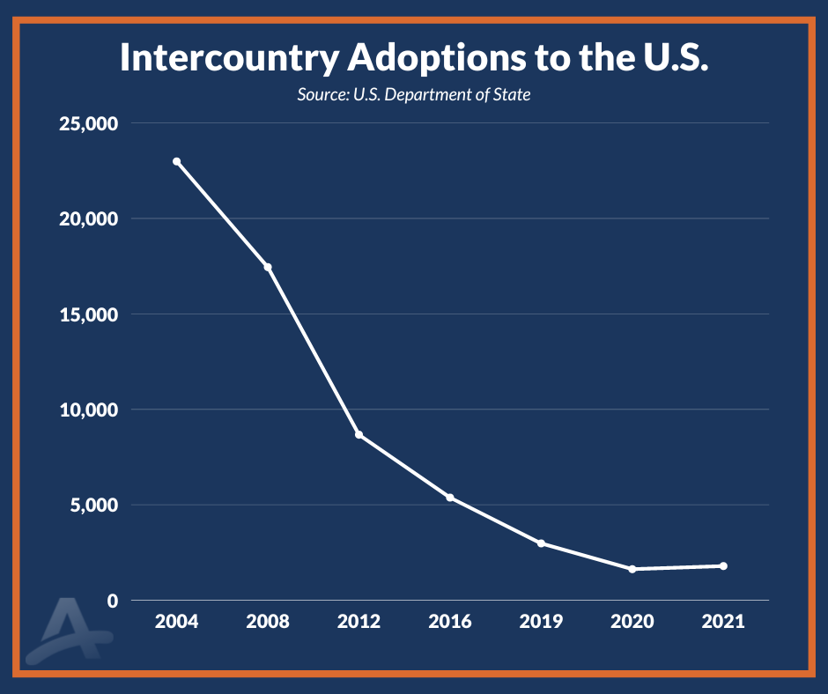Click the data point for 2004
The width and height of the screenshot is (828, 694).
tap(177, 162)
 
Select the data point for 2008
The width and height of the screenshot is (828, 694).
tap(268, 267)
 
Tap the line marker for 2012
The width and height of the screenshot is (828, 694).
tap(359, 435)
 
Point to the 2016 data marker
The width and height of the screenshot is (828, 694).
tap(450, 498)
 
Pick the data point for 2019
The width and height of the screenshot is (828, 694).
tap(541, 543)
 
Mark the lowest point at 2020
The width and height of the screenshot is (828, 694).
tap(632, 569)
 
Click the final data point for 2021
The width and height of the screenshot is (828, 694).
tap(723, 566)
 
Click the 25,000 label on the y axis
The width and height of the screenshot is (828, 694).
tap(87, 123)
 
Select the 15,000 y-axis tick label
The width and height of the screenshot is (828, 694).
tap(87, 314)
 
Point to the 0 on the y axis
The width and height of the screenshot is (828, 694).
tap(113, 601)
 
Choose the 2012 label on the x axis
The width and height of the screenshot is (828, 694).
tap(359, 622)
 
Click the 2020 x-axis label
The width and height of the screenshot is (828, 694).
tap(632, 622)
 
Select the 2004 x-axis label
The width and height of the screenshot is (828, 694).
tap(177, 622)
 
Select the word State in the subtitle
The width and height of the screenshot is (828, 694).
tap(512, 94)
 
